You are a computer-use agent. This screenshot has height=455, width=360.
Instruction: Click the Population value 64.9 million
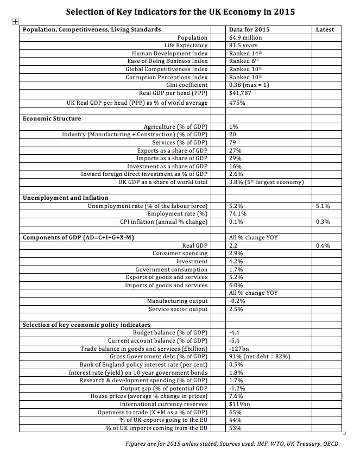[245, 37]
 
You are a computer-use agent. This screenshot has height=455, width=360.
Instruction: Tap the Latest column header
[325, 29]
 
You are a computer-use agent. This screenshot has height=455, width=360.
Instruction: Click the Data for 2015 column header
[249, 29]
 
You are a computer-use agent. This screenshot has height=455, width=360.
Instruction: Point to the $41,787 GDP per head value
[239, 93]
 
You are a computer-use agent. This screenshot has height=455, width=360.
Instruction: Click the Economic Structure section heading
[52, 118]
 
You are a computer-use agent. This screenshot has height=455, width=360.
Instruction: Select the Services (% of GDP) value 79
[233, 142]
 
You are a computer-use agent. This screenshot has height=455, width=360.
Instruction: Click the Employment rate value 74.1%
[238, 214]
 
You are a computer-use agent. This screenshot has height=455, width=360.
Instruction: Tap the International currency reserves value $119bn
[239, 405]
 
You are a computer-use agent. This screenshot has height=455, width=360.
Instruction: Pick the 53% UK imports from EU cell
[235, 428]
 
